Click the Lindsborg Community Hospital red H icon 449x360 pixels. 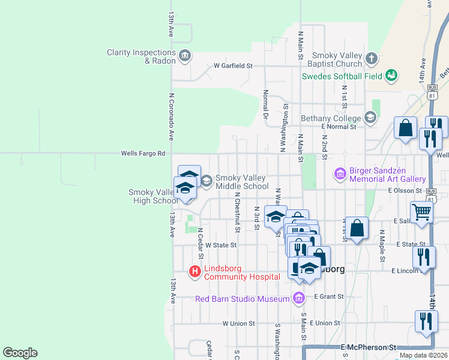pos(195,272)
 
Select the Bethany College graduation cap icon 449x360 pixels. pos(370,117)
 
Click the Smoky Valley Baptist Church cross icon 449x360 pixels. pos(372,59)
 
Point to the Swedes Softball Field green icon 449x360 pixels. pos(392,76)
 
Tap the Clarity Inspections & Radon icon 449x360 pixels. pos(184,56)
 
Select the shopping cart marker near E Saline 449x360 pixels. pos(422,212)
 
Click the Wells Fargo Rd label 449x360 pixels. pos(143,154)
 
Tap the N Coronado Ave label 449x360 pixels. pos(171,116)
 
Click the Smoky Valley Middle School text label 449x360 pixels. pos(243,182)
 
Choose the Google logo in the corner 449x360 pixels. pos(20,353)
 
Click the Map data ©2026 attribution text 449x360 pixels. pos(423,355)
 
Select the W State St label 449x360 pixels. pos(221,245)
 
